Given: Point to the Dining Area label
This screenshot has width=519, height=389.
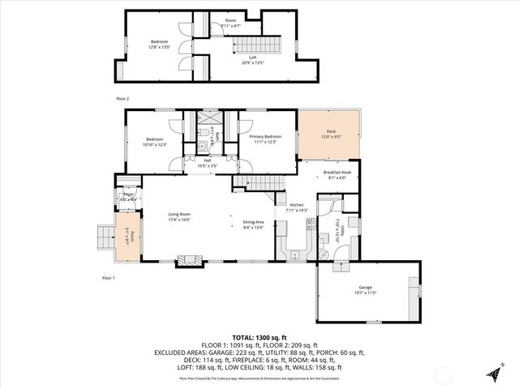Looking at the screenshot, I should [x=254, y=222].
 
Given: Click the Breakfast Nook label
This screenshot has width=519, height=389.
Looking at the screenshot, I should [x=337, y=173].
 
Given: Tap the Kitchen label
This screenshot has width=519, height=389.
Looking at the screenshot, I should [x=298, y=206].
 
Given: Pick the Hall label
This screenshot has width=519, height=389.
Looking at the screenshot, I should [x=207, y=160].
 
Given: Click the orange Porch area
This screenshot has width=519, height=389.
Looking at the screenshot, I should [x=127, y=237].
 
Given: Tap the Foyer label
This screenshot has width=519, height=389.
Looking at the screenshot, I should [x=127, y=194].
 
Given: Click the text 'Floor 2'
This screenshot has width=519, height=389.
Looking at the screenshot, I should [x=122, y=98].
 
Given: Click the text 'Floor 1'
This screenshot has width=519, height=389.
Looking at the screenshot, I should [x=109, y=278].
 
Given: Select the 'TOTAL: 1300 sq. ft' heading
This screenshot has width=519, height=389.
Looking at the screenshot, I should [x=259, y=336].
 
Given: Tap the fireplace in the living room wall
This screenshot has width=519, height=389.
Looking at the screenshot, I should [x=191, y=260].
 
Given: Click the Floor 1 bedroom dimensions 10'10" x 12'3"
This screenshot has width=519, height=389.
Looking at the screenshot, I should [x=154, y=144].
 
